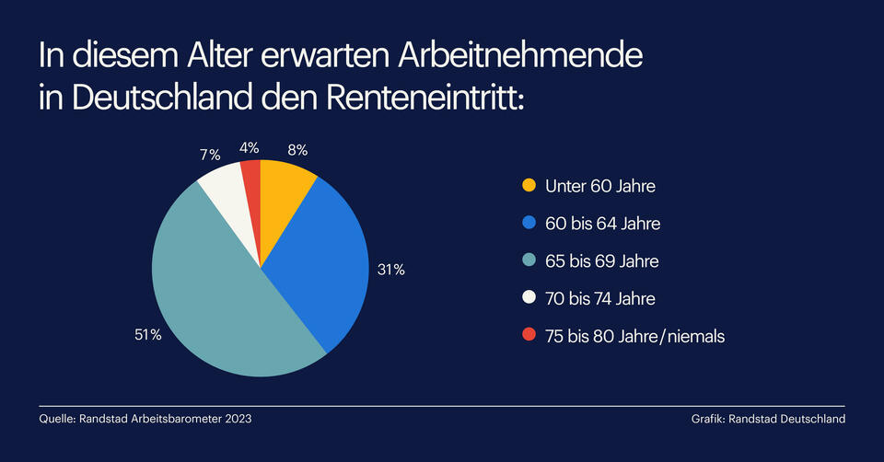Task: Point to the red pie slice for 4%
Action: [251, 184]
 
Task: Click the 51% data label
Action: [148, 335]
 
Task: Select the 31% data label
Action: [390, 270]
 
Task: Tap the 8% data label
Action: [296, 148]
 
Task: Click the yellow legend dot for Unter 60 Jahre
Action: [528, 186]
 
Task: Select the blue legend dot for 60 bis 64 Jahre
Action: [528, 224]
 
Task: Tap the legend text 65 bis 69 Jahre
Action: [601, 261]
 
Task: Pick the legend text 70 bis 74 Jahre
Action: [601, 299]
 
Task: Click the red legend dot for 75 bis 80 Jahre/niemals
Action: [528, 337]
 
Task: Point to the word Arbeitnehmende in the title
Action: [521, 57]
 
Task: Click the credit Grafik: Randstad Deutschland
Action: [768, 420]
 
